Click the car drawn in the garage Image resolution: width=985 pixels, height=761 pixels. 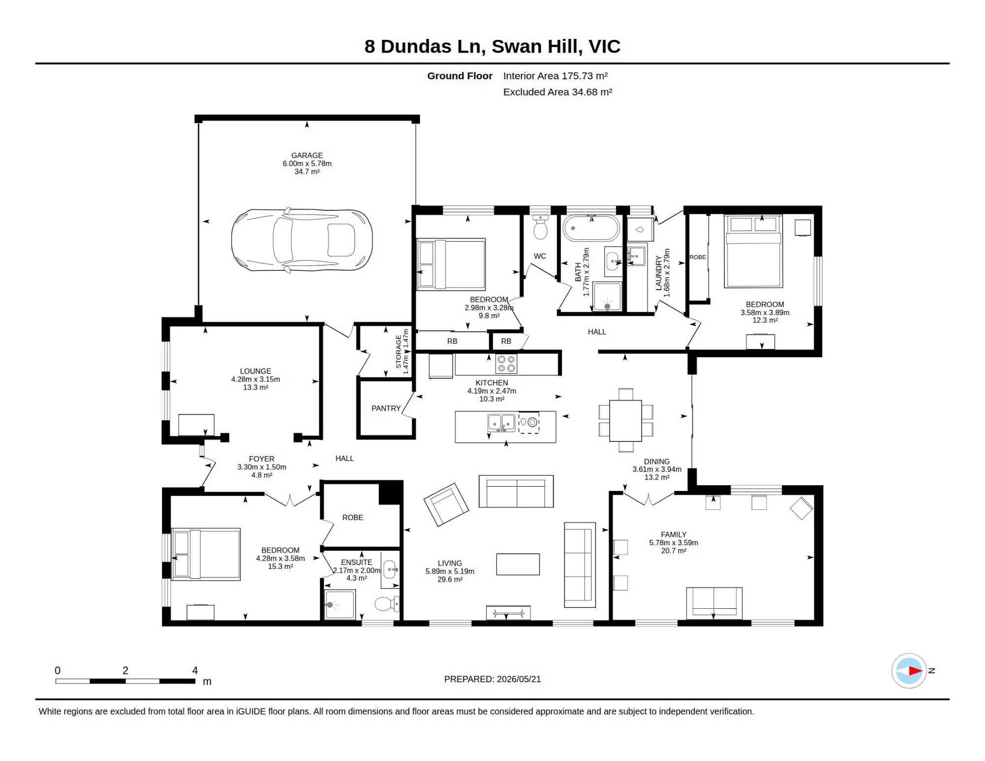(302, 239)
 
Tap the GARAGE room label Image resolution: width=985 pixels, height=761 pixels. (307, 155)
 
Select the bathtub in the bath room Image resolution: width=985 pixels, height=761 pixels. (591, 228)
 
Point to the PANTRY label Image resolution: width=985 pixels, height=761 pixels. (386, 408)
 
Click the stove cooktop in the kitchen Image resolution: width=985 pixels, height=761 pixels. (506, 364)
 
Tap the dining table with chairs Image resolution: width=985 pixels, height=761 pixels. (625, 420)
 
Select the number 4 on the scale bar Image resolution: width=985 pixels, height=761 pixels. (195, 670)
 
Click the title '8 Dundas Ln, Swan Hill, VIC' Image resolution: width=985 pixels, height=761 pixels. (492, 46)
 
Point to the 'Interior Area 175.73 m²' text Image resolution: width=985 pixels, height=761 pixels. (556, 76)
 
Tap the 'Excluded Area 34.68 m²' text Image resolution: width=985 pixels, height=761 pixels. (558, 92)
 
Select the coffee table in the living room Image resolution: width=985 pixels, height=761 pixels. (518, 564)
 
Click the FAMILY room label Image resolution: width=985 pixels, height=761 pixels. (674, 534)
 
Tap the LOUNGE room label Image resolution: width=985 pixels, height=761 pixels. (256, 371)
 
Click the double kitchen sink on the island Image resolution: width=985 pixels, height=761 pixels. (501, 423)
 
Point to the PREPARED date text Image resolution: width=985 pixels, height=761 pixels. (492, 679)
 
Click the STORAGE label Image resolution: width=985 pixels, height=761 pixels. (399, 352)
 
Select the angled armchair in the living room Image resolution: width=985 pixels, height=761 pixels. (446, 504)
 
